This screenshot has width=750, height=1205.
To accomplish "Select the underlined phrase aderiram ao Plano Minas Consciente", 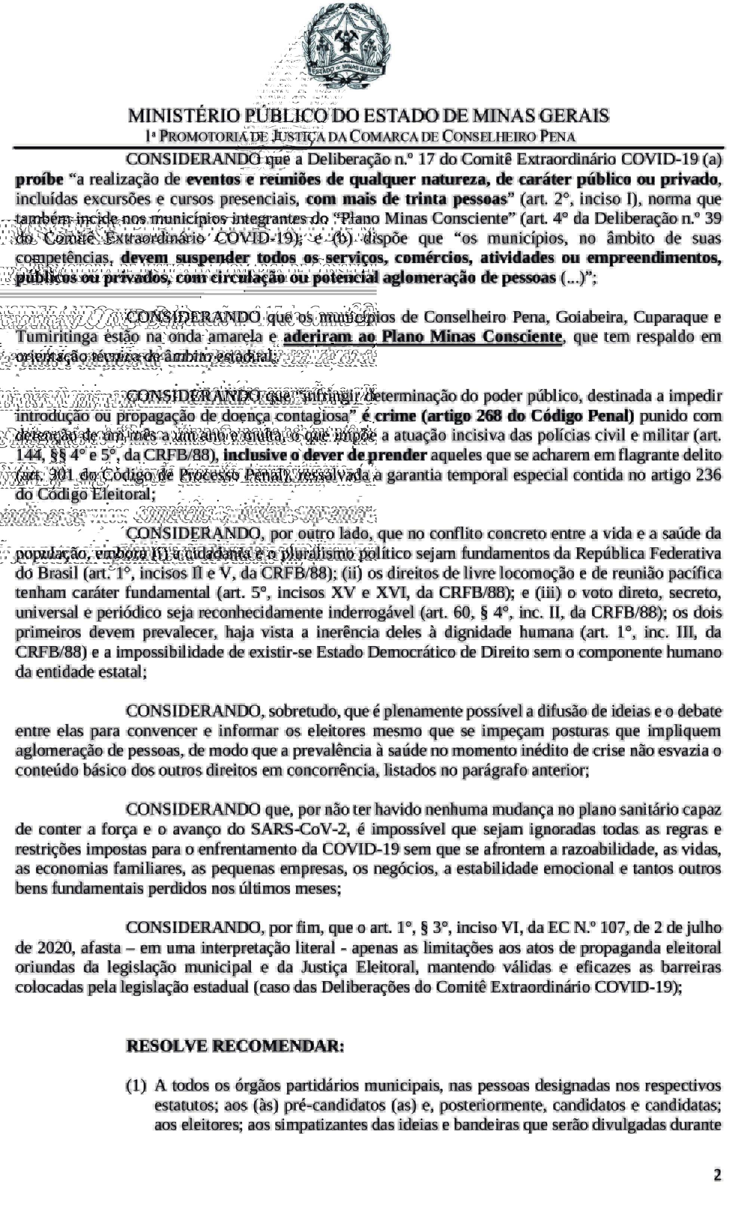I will [x=423, y=336].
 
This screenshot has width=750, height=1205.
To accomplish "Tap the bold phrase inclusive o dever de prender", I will [x=325, y=455].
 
